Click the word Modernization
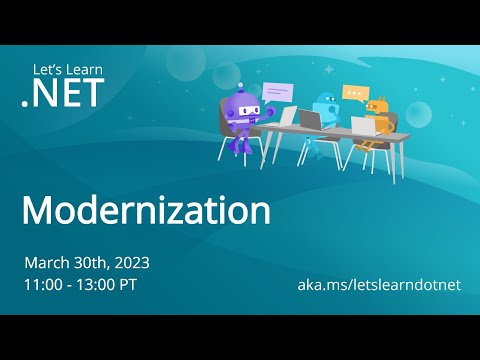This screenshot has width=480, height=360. tap(146, 211)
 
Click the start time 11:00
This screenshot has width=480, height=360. tap(43, 285)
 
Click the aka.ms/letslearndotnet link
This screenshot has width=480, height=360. tap(379, 285)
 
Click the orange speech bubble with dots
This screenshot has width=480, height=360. tap(354, 92)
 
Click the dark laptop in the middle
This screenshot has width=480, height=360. tap(311, 120)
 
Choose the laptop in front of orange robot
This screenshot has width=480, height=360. tap(362, 126)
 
